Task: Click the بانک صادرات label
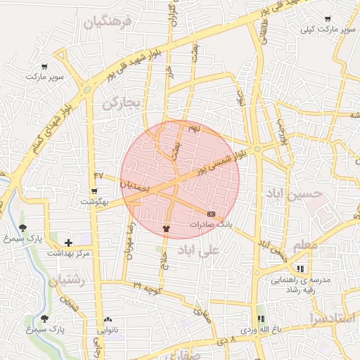click(211, 224)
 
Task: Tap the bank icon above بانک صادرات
click(212, 213)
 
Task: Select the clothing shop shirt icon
click(166, 228)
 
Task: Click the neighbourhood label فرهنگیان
click(108, 23)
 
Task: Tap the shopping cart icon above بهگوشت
click(94, 191)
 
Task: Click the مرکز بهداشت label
click(68, 252)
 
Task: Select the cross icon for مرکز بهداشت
click(68, 242)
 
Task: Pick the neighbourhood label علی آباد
click(198, 250)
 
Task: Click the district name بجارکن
click(122, 103)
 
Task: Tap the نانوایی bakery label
click(108, 329)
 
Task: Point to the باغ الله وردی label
click(261, 329)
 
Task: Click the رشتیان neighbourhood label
click(67, 281)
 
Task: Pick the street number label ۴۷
click(98, 174)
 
